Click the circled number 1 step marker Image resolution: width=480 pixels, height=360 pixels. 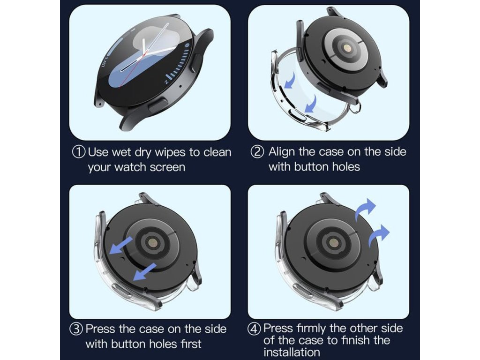[x=79, y=152]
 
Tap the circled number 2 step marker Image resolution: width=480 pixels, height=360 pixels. [x=257, y=152]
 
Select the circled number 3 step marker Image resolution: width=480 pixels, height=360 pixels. [x=76, y=329]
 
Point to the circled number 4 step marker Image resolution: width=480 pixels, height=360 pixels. [x=255, y=329]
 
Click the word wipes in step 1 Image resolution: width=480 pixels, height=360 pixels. [x=169, y=152]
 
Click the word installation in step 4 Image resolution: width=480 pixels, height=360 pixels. [x=292, y=352]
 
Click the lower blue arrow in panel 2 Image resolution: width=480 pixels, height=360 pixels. [x=310, y=104]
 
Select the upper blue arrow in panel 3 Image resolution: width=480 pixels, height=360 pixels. [x=121, y=245]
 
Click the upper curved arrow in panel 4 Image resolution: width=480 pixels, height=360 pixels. [x=365, y=209]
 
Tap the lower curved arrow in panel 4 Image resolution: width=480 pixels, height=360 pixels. [x=379, y=235]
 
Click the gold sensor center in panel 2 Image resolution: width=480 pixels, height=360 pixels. [x=347, y=48]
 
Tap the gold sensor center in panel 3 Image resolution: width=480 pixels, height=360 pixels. [x=152, y=244]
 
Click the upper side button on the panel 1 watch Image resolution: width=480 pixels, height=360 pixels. [x=196, y=63]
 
